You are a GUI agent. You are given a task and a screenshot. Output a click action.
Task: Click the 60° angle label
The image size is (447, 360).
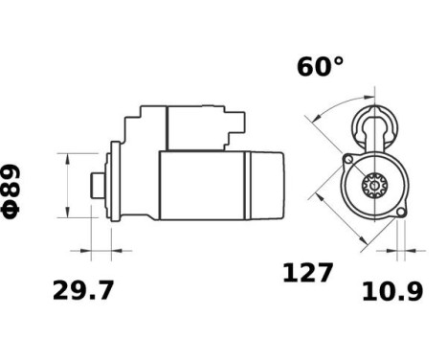click(319, 66)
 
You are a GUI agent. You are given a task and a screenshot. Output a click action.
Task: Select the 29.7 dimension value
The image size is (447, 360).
click(81, 290)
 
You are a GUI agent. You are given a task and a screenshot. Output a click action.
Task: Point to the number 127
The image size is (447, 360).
click(308, 274)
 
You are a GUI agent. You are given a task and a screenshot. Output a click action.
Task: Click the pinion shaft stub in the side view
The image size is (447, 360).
click(97, 184)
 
